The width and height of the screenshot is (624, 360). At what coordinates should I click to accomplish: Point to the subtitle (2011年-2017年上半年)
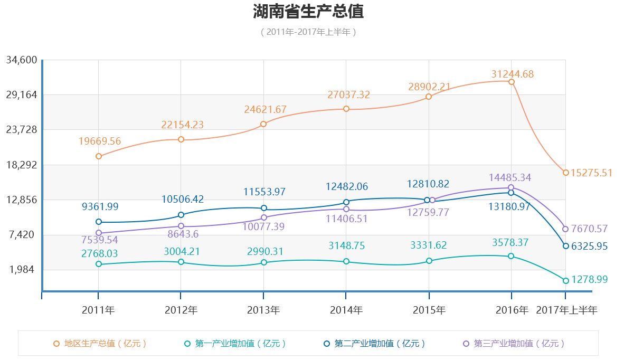click(308, 32)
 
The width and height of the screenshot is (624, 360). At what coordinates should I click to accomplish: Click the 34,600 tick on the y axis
click(22, 60)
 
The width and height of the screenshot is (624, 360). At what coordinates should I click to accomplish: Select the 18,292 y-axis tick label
click(22, 165)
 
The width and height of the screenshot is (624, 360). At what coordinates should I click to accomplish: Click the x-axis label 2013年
click(263, 310)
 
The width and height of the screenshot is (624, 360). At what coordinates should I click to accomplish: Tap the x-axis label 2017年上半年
click(566, 310)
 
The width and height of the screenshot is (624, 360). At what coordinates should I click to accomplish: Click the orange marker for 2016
click(512, 82)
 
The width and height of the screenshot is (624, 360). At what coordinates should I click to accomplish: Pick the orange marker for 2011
click(99, 156)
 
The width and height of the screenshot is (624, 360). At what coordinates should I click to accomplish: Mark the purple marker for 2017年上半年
click(565, 229)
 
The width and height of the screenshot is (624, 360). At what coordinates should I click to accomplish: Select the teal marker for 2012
click(181, 262)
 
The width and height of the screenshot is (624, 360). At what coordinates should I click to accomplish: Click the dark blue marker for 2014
click(346, 202)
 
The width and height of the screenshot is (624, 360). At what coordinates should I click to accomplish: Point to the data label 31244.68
click(512, 74)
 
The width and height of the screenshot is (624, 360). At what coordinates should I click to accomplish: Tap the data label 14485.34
click(509, 177)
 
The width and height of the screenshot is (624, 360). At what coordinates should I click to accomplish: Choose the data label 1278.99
click(589, 279)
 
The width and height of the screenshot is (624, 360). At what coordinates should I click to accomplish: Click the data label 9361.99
click(100, 207)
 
